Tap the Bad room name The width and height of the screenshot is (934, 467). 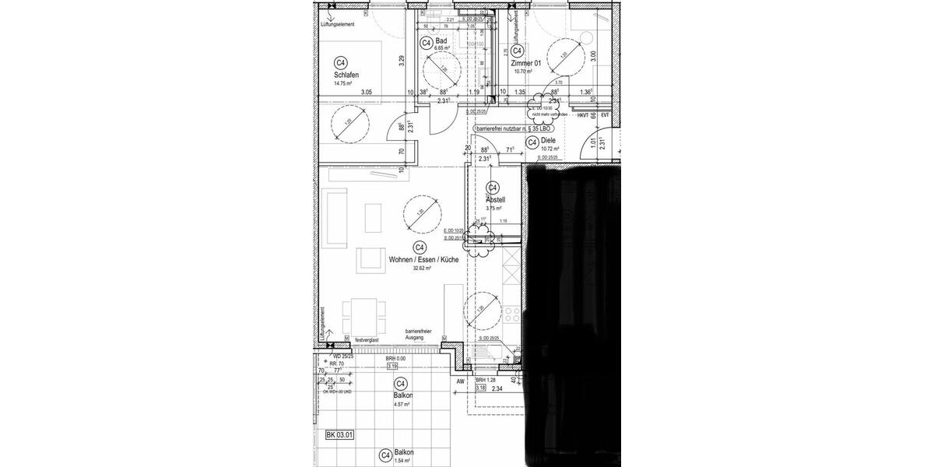pyautogui.click(x=441, y=40)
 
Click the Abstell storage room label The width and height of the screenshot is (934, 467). pyautogui.click(x=495, y=200)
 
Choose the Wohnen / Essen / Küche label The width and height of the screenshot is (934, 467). pyautogui.click(x=418, y=260)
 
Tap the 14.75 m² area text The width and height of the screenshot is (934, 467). pyautogui.click(x=342, y=83)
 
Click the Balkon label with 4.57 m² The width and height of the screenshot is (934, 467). pyautogui.click(x=402, y=395)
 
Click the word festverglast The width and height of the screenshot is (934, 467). pyautogui.click(x=366, y=340)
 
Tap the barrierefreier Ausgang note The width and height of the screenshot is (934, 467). pyautogui.click(x=418, y=335)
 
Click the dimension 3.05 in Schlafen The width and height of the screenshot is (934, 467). pyautogui.click(x=367, y=93)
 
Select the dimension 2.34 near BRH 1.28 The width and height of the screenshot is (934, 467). pyautogui.click(x=497, y=388)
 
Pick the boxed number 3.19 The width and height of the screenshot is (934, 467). pyautogui.click(x=392, y=366)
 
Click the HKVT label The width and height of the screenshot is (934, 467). pyautogui.click(x=582, y=116)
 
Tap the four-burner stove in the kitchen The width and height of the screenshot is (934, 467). pyautogui.click(x=512, y=314)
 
